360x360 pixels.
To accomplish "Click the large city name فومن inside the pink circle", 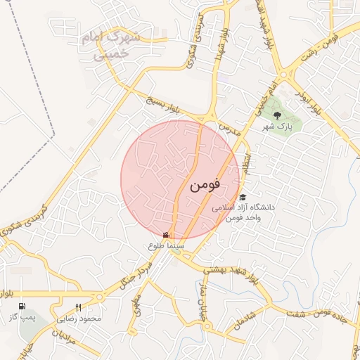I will click(205, 185).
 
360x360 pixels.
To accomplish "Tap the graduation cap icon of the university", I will click(243, 198).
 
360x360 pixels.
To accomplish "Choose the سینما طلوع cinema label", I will click(166, 246).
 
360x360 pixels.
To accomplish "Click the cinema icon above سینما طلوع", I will click(166, 235).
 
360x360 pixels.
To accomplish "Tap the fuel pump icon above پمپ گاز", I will click(22, 307).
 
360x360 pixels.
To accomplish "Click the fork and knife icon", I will click(78, 307).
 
